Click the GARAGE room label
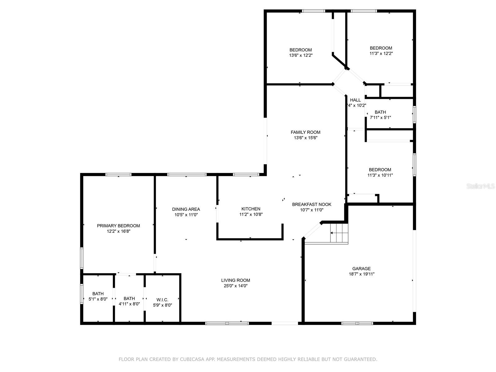click(x=361, y=268)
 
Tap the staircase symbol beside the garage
click(x=339, y=233)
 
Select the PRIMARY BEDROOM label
click(x=118, y=226)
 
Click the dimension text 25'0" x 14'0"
click(x=235, y=286)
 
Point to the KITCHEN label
click(x=251, y=209)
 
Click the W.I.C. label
click(x=162, y=299)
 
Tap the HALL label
click(x=355, y=100)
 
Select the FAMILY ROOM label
click(x=305, y=132)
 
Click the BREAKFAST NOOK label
click(x=312, y=204)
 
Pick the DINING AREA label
click(x=186, y=209)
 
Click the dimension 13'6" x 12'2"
click(x=300, y=55)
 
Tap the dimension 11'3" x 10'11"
click(x=380, y=175)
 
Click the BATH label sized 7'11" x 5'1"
click(x=380, y=112)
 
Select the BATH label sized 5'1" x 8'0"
click(x=98, y=294)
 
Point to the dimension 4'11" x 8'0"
click(x=129, y=304)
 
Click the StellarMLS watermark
click(x=481, y=186)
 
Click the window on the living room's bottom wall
click(x=227, y=323)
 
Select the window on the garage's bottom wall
click(x=357, y=323)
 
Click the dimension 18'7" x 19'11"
click(x=361, y=274)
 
